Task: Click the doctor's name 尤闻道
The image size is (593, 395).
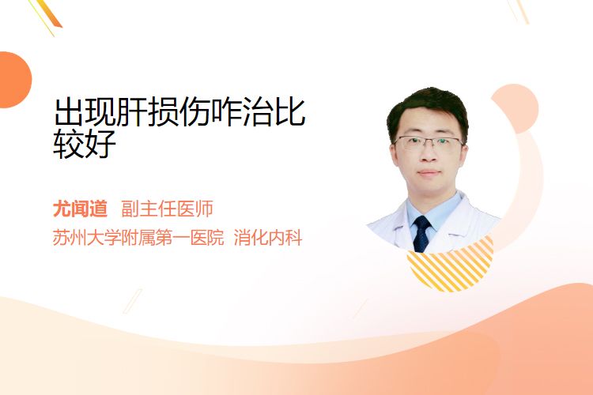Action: [x=80, y=209]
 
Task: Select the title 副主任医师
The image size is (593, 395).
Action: [x=167, y=209]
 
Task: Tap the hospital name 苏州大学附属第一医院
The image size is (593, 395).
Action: [x=138, y=238]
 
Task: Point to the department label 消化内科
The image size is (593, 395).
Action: [x=268, y=238]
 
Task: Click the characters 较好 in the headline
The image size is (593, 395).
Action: [x=85, y=144]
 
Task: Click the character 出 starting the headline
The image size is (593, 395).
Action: [x=69, y=112]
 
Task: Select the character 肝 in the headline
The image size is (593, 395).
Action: [x=131, y=112]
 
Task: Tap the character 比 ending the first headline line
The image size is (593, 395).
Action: [x=289, y=112]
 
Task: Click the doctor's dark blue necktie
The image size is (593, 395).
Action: [x=421, y=234]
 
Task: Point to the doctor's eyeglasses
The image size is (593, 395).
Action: [x=429, y=142]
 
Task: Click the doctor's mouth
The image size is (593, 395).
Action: [x=429, y=173]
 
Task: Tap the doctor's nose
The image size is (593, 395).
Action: [x=429, y=156]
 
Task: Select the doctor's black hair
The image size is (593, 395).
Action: [x=427, y=107]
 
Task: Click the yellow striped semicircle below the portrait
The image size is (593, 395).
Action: [x=451, y=265]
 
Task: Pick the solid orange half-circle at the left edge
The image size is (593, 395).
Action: [x=14, y=80]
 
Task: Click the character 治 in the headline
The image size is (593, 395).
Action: [x=259, y=112]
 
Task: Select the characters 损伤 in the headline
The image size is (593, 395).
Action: [x=179, y=112]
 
